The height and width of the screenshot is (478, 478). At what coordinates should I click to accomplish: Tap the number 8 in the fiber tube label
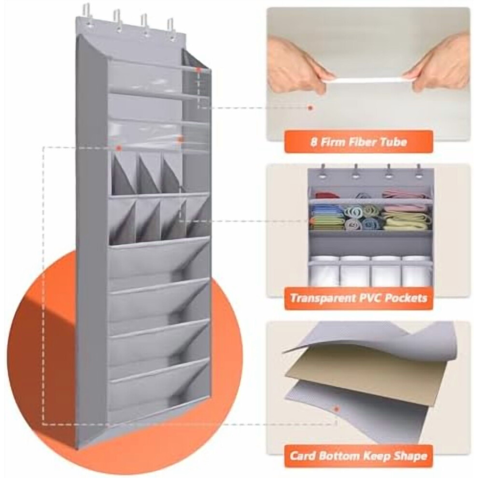click(313, 142)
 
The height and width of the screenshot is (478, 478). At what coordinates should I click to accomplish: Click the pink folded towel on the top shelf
click(404, 195)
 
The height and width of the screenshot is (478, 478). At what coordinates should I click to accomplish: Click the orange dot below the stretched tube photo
click(310, 108)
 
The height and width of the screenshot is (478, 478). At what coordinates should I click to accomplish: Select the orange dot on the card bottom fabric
click(337, 408)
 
